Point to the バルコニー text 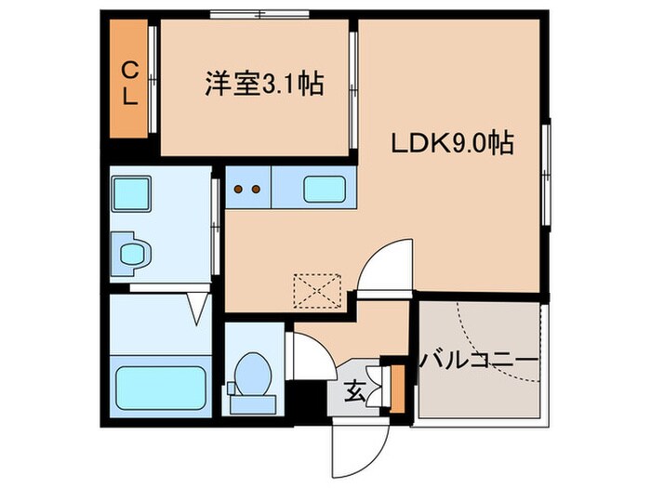(480, 359)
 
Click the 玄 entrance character (357, 391)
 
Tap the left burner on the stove (238, 189)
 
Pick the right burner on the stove (255, 189)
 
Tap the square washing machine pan (130, 194)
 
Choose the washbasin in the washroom (132, 252)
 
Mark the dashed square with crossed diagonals (319, 290)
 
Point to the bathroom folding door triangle (199, 308)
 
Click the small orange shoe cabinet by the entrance (398, 389)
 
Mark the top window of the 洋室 (259, 15)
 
